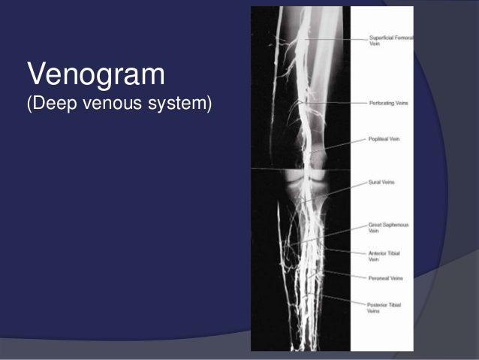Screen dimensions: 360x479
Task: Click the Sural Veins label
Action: pos(382,182)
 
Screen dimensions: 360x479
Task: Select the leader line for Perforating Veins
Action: pos(338,102)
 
